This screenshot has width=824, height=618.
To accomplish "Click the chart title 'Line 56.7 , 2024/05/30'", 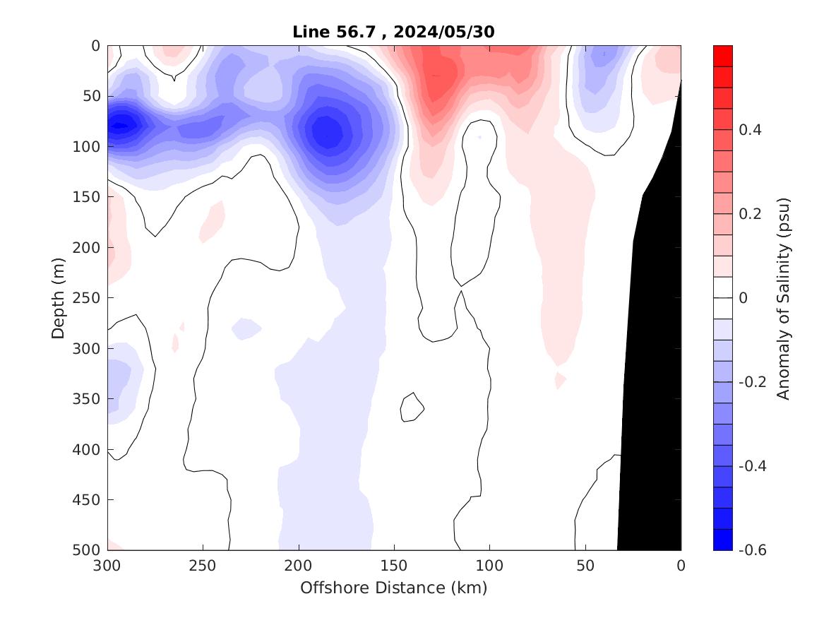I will pos(394,32).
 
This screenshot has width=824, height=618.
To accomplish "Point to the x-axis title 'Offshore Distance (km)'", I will pos(394,588).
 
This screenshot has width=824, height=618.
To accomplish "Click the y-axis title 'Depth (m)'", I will pos(59,297).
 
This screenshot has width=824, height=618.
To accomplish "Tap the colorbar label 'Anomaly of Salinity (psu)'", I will pos(783,298).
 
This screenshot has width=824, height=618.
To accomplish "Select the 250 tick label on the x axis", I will pos(203,566).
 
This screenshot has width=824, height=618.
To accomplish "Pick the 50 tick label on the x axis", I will pos(585,566).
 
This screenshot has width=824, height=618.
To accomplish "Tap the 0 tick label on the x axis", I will pos(681,566).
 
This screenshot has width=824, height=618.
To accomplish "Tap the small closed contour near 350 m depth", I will pos(412,407).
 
